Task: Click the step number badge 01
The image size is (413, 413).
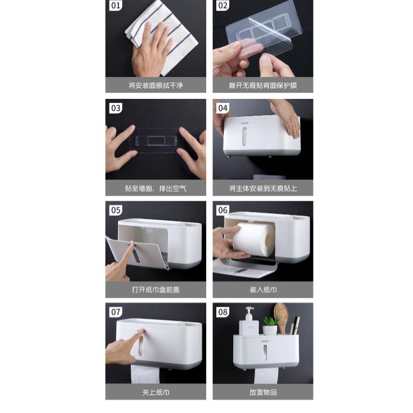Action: [x=115, y=6]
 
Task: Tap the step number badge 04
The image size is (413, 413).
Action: [x=223, y=108]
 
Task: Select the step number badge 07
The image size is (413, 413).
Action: [x=115, y=312]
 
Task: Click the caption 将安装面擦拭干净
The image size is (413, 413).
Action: [x=156, y=85]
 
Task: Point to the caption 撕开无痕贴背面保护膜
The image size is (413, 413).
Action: [x=263, y=85]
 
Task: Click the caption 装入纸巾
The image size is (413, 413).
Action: [x=263, y=290]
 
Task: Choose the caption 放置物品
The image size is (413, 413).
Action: [x=263, y=392]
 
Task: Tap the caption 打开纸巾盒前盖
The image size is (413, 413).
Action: [x=156, y=290]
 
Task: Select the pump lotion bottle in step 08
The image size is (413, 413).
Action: [x=248, y=322]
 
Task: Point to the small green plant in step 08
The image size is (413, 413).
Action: [x=270, y=326]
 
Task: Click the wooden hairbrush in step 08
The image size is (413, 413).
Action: [x=281, y=317]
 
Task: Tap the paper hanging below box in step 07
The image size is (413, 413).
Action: [x=145, y=374]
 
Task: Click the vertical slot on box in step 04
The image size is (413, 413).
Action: [x=244, y=137]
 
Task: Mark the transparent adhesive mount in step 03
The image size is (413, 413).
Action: [x=156, y=140]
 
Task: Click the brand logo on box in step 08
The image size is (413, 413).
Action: [x=265, y=341]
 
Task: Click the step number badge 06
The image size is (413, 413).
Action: [x=223, y=210]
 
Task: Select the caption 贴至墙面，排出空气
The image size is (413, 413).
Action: [x=156, y=188]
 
